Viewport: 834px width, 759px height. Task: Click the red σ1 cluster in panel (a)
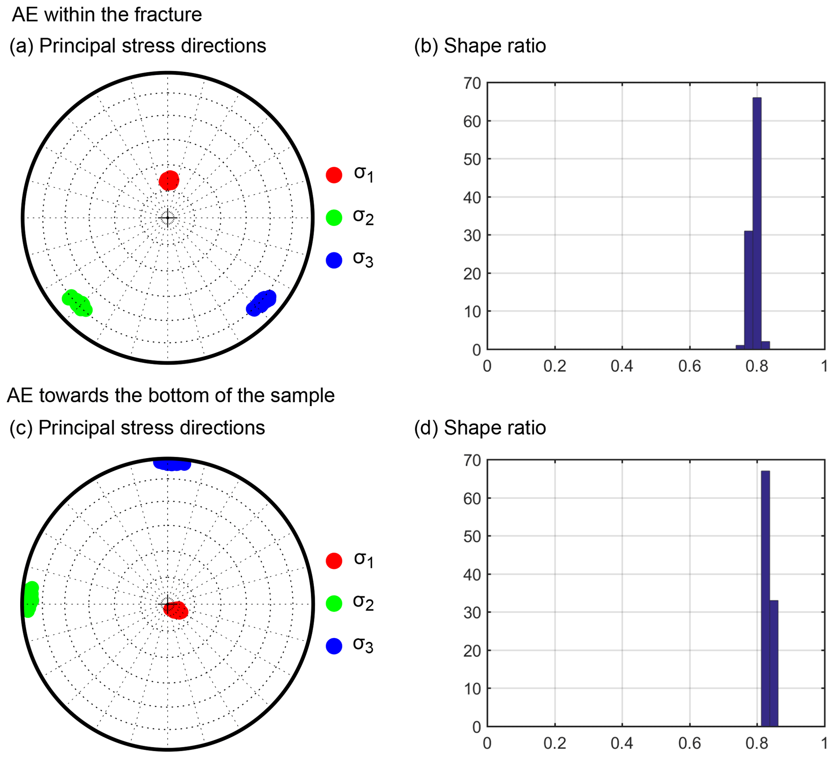click(x=169, y=181)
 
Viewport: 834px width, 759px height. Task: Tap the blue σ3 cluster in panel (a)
click(x=261, y=303)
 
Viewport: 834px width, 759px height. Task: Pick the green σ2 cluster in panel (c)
click(x=30, y=599)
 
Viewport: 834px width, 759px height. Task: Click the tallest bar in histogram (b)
click(x=757, y=224)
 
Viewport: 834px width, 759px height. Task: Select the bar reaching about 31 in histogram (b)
click(x=748, y=290)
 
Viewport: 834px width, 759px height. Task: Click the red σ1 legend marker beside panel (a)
click(x=334, y=175)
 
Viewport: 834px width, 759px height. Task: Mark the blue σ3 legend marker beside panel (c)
click(x=334, y=646)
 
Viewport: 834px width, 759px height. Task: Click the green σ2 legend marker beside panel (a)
click(x=334, y=218)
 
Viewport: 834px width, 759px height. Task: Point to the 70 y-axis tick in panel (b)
click(x=472, y=84)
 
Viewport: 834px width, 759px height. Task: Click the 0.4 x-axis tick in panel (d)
click(x=622, y=743)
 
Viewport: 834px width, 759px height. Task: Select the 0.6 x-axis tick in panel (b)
click(x=689, y=366)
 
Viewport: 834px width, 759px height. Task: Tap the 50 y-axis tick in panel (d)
click(x=472, y=537)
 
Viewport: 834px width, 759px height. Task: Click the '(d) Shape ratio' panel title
click(x=480, y=428)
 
